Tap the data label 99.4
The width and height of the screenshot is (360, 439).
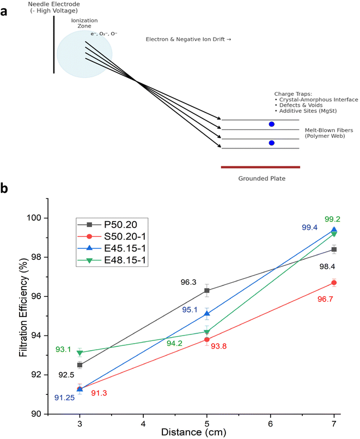pyautogui.click(x=311, y=228)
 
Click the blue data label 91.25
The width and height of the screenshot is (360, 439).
pyautogui.click(x=64, y=398)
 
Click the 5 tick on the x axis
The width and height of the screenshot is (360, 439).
pyautogui.click(x=206, y=422)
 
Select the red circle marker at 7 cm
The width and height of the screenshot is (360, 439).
pyautogui.click(x=333, y=283)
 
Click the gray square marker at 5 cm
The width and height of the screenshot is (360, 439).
pyautogui.click(x=206, y=290)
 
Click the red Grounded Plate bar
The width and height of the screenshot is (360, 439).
pyautogui.click(x=260, y=167)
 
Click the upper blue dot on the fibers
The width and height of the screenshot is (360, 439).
pyautogui.click(x=271, y=124)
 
